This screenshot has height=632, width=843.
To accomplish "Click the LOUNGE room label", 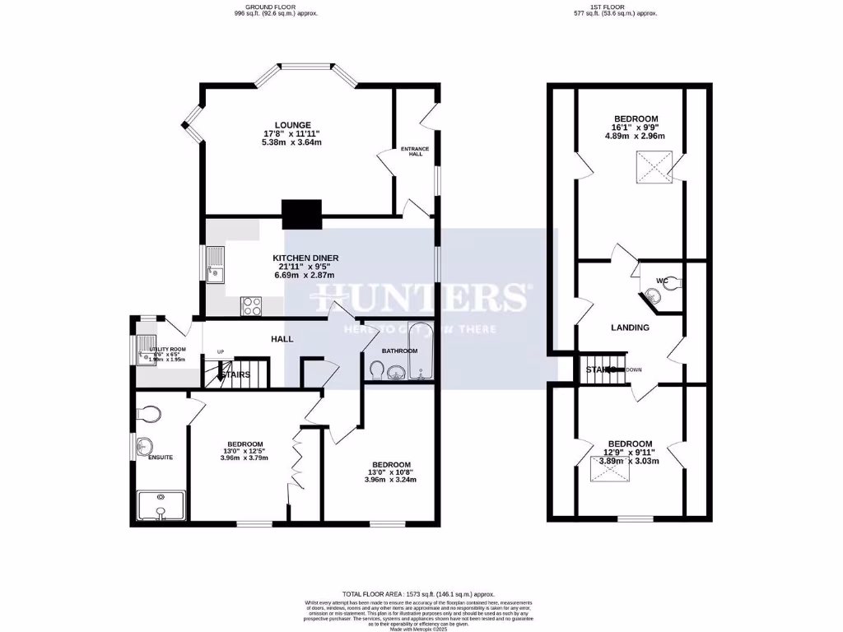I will coord(292,125).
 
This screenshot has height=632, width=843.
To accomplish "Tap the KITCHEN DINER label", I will coord(305,258).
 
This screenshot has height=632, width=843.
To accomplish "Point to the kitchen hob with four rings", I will coord(251,305).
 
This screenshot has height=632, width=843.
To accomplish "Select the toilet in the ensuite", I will coord(151,412).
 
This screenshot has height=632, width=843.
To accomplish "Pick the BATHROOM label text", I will coord(399,351).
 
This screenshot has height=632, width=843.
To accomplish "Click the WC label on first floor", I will coord(661,281).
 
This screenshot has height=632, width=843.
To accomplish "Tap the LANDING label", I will coord(630,328).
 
